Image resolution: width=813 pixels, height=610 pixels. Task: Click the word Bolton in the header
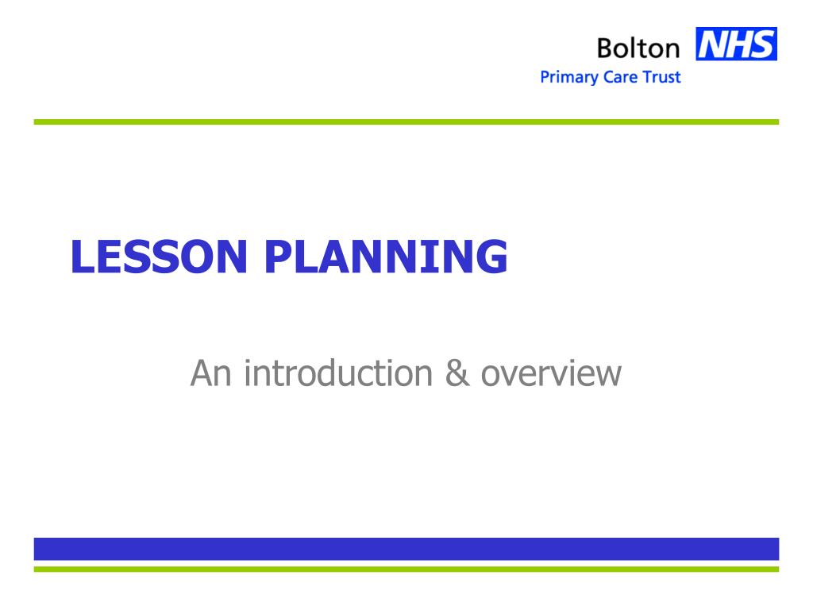click(638, 48)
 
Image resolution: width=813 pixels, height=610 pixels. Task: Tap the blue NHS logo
click(736, 44)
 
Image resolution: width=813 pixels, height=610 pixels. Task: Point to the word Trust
click(661, 78)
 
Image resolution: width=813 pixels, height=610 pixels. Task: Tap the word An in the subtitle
click(210, 373)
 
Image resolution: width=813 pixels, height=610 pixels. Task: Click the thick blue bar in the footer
click(406, 549)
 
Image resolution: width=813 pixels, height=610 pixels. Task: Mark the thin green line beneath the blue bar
click(406, 569)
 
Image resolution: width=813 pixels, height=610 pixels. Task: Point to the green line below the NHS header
click(406, 122)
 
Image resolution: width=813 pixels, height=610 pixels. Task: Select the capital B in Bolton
click(606, 48)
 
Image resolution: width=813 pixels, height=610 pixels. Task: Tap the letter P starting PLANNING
click(277, 257)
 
